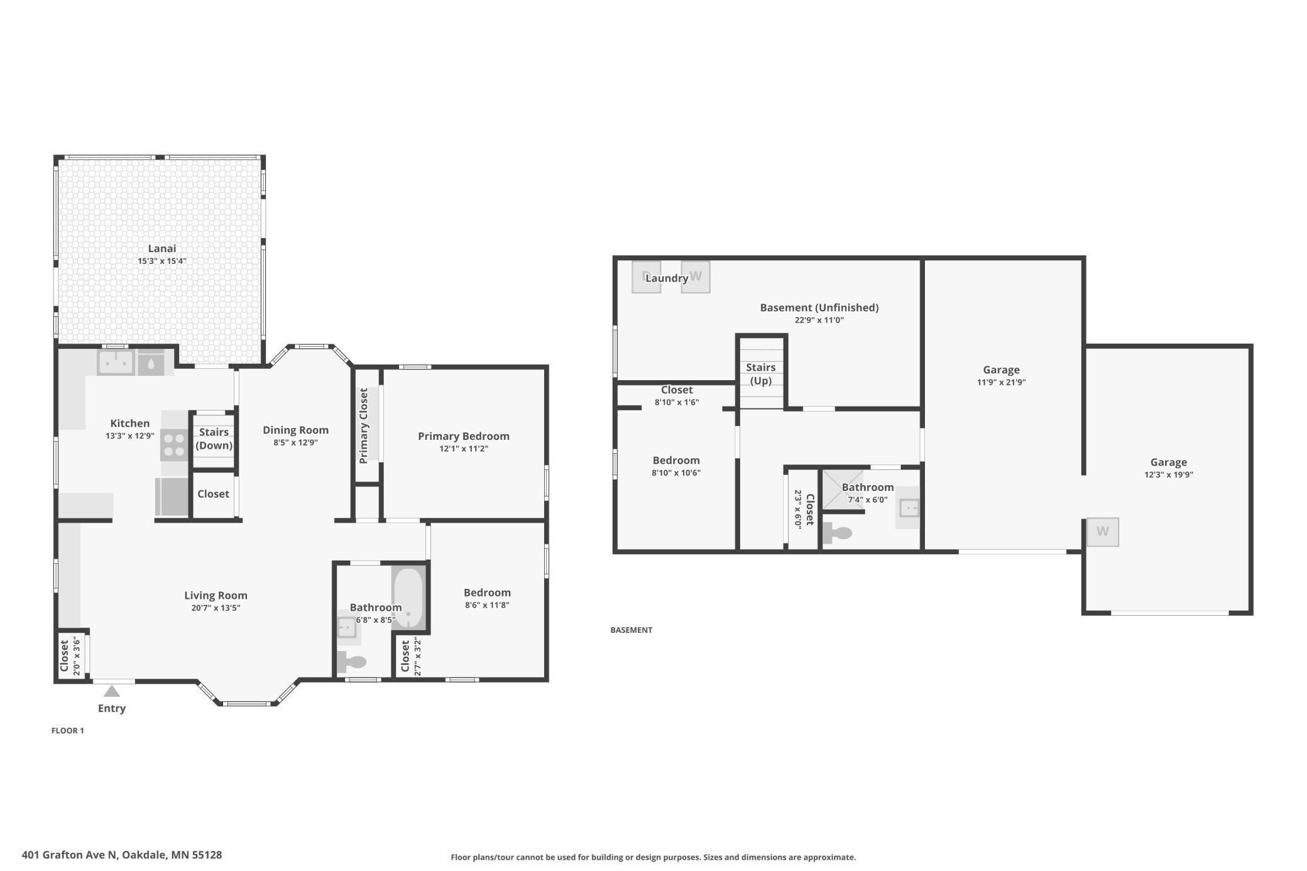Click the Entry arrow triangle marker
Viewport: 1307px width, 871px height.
112,691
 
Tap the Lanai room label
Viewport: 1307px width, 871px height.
162,248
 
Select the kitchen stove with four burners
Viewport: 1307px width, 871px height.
175,445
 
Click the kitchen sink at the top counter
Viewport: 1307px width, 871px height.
116,363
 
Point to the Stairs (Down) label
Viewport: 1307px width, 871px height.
214,439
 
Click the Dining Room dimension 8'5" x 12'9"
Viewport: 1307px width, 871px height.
295,442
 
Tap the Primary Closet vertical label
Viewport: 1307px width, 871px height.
363,425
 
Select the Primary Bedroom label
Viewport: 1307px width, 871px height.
464,436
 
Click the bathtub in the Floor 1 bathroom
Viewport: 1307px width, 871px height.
409,597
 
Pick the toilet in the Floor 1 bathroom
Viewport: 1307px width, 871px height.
351,662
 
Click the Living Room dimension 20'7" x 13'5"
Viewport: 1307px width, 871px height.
216,608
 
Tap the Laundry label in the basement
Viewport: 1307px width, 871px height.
667,278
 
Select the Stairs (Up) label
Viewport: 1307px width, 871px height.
761,374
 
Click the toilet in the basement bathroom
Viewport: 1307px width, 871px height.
837,533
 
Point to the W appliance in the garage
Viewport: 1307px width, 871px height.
1103,532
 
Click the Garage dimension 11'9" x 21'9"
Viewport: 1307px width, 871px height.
1001,382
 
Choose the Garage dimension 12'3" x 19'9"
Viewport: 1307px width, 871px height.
1169,474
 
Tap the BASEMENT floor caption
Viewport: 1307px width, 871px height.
632,630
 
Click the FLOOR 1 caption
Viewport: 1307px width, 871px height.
68,730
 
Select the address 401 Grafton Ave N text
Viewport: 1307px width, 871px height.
70,855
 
